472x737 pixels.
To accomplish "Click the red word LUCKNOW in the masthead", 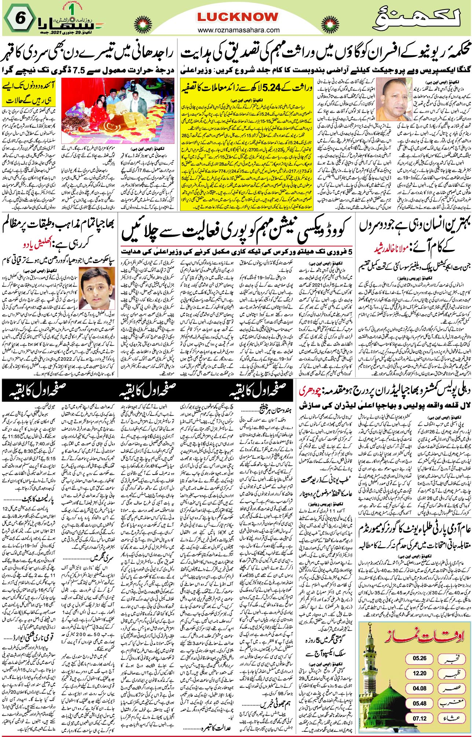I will pos(238,17).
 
